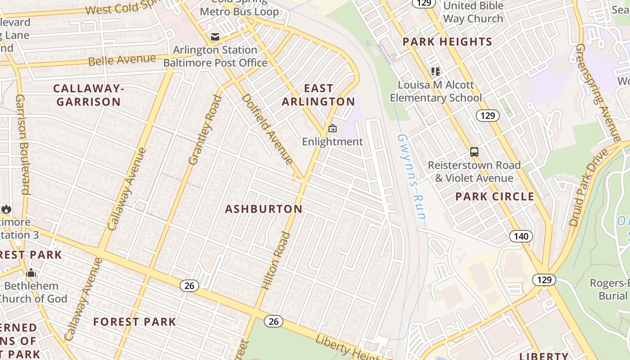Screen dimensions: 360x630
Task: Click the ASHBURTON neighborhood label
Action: pos(264,209)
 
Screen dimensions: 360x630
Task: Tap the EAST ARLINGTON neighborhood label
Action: pos(319,95)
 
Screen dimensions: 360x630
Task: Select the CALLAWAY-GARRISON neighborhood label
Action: pos(88,95)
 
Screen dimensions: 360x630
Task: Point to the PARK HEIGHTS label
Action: pos(447,42)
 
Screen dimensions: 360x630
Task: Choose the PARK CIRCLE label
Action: pos(495,197)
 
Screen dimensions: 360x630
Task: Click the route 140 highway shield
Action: pos(521,236)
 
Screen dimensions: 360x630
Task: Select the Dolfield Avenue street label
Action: pos(267,129)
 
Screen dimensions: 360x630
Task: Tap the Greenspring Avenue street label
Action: pos(598,92)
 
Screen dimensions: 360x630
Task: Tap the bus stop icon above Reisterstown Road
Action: pos(474,152)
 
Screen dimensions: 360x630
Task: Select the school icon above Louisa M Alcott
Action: pos(435,72)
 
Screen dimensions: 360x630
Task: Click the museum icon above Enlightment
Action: pos(332,129)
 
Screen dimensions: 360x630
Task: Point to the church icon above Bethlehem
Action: pos(31,273)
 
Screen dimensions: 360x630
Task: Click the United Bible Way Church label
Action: pos(473,12)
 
